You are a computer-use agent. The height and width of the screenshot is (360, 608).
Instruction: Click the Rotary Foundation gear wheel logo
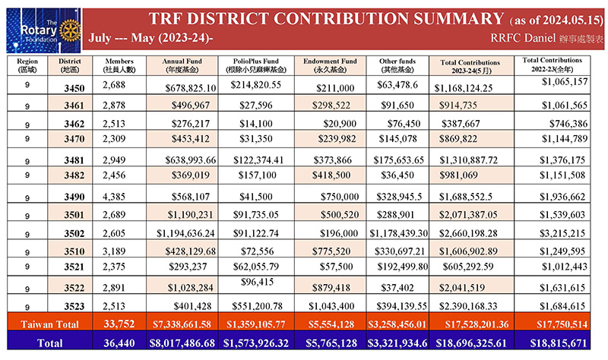point(70,30)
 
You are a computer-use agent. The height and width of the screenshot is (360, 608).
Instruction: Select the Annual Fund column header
point(182,65)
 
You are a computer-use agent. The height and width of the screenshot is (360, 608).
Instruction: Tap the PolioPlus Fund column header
point(256,65)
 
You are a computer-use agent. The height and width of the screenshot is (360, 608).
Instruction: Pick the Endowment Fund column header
point(330,65)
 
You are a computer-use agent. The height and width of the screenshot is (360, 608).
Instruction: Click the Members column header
point(119,65)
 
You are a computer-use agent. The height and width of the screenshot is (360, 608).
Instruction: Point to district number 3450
point(74,88)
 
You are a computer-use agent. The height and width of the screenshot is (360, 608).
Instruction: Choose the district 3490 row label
point(74,197)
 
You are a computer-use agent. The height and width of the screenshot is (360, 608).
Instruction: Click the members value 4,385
point(114,197)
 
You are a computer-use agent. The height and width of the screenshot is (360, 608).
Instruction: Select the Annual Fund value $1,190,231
point(191,215)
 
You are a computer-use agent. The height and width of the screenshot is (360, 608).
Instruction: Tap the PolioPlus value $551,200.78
point(258,306)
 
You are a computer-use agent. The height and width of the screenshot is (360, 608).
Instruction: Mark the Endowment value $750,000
point(340,197)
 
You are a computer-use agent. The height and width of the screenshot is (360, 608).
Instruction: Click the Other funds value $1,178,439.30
point(398,233)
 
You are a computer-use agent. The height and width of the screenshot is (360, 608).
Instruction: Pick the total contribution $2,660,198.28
point(468,233)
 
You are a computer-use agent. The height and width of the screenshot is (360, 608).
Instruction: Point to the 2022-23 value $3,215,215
point(562,233)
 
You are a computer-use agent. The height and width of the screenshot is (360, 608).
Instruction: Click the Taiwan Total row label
point(49,324)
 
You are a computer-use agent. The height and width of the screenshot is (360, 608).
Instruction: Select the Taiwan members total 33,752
point(119,324)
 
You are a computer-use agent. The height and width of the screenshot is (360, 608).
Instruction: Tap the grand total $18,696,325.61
point(471,343)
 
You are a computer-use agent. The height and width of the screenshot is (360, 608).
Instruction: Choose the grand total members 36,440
point(119,343)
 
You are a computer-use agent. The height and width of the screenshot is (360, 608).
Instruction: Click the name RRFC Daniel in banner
point(523,38)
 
